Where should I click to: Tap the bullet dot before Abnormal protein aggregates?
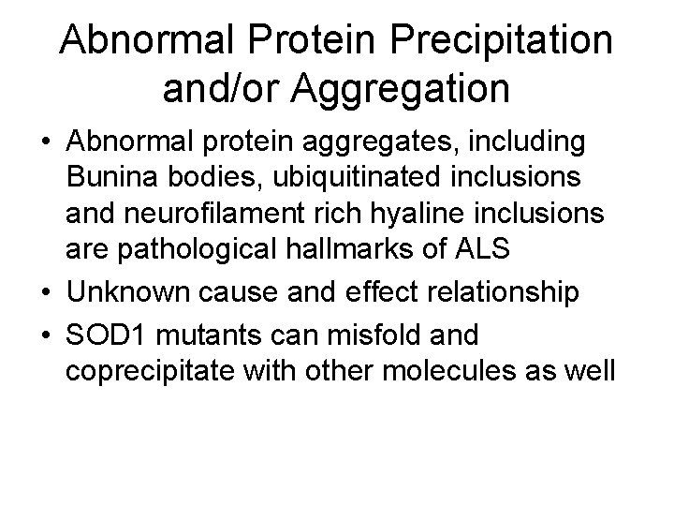[x=46, y=143]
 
